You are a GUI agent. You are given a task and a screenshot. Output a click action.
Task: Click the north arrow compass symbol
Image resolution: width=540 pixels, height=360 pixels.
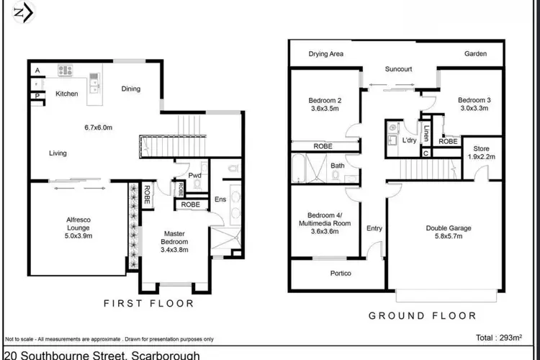22,13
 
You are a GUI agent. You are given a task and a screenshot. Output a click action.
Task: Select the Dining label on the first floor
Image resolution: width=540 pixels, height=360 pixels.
131,89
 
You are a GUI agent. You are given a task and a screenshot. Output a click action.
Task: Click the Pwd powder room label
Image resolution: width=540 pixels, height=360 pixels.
194,176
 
